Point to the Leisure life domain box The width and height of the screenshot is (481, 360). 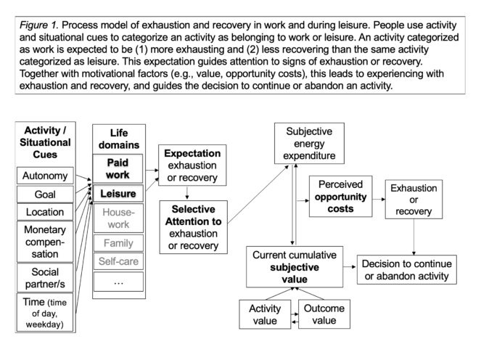pyautogui.click(x=118, y=193)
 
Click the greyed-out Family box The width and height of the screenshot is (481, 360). pyautogui.click(x=118, y=243)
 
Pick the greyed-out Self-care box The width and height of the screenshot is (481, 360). pyautogui.click(x=118, y=261)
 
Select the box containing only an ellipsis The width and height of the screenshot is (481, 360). pyautogui.click(x=118, y=281)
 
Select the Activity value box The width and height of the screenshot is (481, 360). pyautogui.click(x=265, y=313)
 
